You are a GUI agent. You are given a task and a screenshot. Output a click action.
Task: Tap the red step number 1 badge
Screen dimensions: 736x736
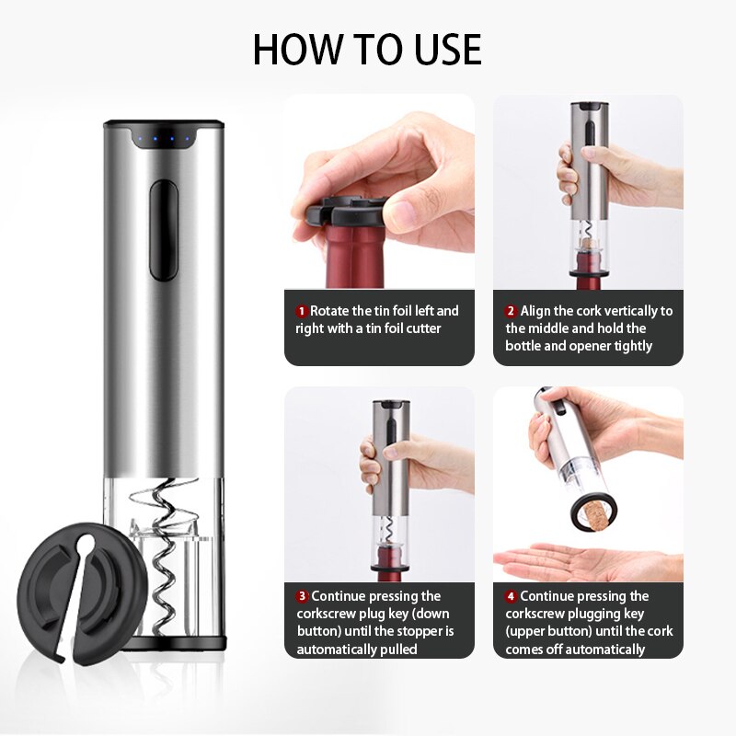pos(302,311)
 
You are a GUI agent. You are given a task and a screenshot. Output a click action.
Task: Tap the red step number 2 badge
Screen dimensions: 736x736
pos(511,311)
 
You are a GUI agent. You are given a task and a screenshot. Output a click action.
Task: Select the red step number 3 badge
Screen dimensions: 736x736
pos(302,596)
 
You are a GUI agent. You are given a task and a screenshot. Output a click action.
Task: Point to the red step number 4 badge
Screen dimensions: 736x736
pos(511,596)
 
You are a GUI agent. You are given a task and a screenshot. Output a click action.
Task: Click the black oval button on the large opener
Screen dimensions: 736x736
pos(164,230)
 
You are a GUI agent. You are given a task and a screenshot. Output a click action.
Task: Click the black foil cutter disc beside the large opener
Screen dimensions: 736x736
pos(81,593)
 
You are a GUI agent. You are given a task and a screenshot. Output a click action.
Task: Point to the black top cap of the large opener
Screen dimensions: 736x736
pos(164,124)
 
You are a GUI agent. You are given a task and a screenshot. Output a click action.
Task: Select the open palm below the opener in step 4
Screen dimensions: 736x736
pos(587,561)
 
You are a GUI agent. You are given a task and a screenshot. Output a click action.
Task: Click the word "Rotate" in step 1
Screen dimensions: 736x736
pos(329,311)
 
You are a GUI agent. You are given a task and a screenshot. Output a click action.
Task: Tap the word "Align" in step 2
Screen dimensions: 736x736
pos(535,311)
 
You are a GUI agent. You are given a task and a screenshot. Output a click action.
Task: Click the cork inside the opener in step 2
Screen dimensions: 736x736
pos(588,245)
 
